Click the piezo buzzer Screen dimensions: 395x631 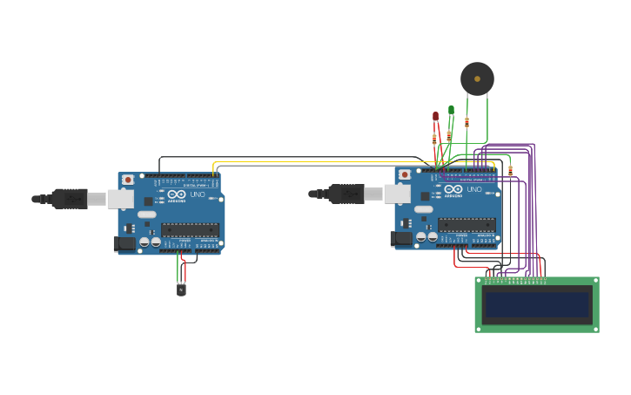477,78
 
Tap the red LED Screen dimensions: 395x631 436,115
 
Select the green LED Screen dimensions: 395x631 451,110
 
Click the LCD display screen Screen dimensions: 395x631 537,304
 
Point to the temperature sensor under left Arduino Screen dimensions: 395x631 181,289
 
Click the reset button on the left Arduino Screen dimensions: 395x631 128,180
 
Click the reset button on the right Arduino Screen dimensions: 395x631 405,174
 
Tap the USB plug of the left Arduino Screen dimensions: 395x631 70,199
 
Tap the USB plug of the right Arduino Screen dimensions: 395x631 346,194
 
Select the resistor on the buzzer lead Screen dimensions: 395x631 467,122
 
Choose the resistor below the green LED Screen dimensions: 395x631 449,135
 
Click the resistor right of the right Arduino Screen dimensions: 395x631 510,170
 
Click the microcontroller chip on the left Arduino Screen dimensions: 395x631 190,230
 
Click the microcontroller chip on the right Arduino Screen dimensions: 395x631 467,225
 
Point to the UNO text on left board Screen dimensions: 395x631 198,194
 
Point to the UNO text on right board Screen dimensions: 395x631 474,189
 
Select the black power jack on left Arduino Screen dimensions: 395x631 124,243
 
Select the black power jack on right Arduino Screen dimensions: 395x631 401,238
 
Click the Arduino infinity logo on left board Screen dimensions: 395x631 177,194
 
